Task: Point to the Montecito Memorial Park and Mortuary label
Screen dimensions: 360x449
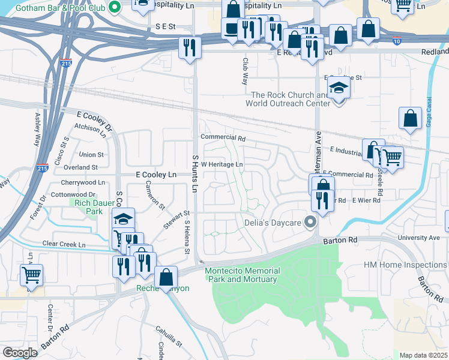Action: point(241,275)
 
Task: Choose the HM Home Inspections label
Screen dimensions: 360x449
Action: point(406,265)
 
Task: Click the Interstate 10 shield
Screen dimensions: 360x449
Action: point(397,41)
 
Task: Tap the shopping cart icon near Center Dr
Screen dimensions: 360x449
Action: point(31,275)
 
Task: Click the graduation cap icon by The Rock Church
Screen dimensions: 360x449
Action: point(339,89)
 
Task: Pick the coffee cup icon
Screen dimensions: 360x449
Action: point(231,28)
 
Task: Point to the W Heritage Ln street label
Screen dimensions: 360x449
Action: point(222,164)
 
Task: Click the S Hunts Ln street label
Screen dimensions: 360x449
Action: point(194,173)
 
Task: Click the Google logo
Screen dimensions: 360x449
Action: point(20,352)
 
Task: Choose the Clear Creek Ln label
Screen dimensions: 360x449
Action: point(64,245)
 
